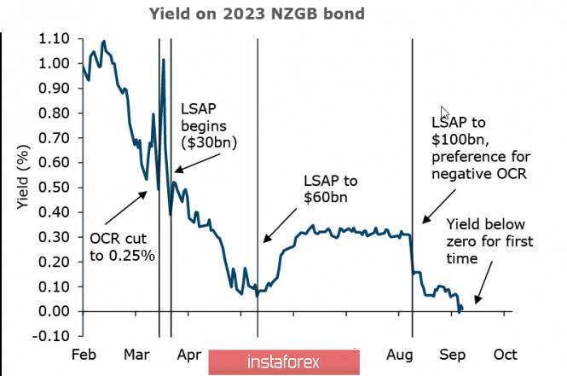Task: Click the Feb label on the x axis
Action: (83, 354)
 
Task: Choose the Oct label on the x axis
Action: (506, 354)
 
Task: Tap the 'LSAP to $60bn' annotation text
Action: (330, 189)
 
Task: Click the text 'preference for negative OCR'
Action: (480, 166)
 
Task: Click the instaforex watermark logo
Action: (281, 362)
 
